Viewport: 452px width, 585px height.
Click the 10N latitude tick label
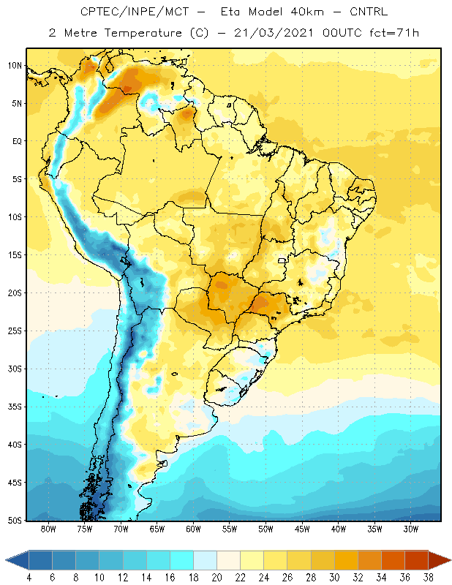click(15, 66)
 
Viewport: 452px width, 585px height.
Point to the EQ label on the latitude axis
click(17, 141)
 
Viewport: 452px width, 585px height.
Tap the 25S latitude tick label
click(15, 331)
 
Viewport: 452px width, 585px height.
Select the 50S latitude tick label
click(15, 521)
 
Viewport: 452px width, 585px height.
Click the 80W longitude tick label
click(48, 529)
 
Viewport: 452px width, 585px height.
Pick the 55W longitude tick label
click(230, 529)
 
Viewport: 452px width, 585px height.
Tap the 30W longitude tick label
click(411, 529)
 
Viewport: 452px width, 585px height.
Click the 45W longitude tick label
click(302, 529)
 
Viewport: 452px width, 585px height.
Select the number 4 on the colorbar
click(29, 578)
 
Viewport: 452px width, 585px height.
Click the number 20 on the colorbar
click(216, 578)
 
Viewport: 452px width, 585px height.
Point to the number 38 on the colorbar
click(428, 578)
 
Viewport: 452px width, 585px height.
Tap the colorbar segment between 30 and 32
click(346, 559)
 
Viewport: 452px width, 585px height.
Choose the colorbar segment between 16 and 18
click(182, 559)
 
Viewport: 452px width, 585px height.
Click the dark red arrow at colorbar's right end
click(440, 559)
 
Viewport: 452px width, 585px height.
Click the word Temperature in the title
click(143, 33)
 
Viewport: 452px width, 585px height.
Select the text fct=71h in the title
click(394, 33)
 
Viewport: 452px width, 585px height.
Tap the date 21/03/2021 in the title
click(274, 33)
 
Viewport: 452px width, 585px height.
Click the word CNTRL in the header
click(369, 12)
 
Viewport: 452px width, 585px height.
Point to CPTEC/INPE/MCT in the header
click(135, 12)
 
